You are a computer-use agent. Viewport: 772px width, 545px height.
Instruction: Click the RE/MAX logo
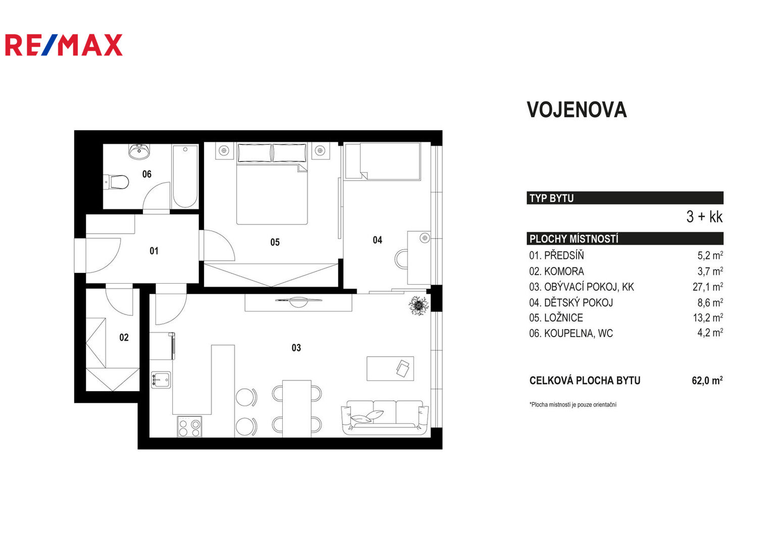[x=64, y=45]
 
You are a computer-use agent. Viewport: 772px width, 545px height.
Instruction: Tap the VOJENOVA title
[x=577, y=110]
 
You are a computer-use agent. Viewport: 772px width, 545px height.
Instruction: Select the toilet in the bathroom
[x=116, y=182]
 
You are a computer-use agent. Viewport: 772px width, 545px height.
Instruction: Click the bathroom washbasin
[x=139, y=151]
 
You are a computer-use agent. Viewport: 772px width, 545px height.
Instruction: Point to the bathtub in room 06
[x=185, y=177]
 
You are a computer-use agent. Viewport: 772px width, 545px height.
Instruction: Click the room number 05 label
[x=275, y=242]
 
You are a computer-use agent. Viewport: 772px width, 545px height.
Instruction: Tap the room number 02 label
[x=124, y=337]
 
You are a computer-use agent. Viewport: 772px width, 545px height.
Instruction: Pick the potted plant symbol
[x=419, y=305]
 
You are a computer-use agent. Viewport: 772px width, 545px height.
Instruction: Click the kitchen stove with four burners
[x=189, y=427]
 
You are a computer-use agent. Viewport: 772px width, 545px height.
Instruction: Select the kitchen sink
[x=161, y=380]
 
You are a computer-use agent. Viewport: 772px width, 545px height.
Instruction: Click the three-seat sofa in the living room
[x=385, y=417]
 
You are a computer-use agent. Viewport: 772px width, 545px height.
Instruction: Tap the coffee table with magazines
[x=390, y=368]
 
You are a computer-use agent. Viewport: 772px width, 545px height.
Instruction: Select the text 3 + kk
[x=704, y=216]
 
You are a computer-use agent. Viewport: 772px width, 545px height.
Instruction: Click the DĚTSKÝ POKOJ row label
[x=571, y=302]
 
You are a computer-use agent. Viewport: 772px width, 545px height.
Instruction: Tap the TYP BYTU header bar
[x=625, y=198]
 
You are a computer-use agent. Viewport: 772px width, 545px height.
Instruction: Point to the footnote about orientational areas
[x=573, y=405]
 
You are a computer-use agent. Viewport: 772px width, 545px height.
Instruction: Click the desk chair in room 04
[x=401, y=259]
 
